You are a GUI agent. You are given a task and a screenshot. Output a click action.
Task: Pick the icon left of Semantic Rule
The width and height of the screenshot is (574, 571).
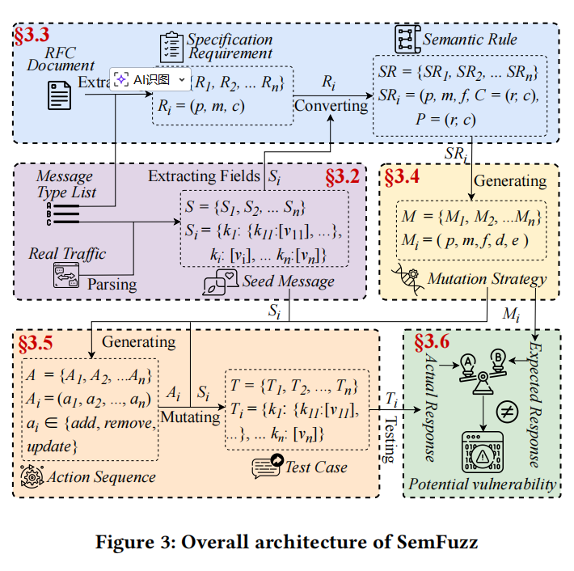406,39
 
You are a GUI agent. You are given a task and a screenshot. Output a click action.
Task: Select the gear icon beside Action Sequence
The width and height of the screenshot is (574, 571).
32,476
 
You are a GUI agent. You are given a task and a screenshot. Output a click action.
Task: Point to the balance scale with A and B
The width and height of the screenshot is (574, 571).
483,369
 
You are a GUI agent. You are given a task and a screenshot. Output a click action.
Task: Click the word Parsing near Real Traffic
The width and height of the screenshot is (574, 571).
112,285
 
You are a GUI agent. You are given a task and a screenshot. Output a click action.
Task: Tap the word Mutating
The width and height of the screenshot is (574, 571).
188,417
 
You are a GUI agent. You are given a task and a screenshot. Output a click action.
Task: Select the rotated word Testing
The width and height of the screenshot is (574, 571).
389,439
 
